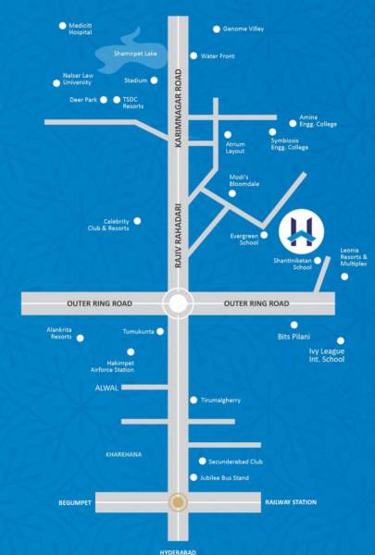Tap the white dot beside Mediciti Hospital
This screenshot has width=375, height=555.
click(62, 25)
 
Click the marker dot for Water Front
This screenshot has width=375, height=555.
click(194, 55)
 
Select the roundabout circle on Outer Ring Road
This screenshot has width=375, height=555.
click(177, 302)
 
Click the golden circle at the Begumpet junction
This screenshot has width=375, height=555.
click(177, 502)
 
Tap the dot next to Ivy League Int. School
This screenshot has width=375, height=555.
click(341, 340)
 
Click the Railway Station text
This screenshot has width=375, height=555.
click(290, 502)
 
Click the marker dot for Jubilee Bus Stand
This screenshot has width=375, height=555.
click(193, 477)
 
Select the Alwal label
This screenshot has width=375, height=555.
click(106, 388)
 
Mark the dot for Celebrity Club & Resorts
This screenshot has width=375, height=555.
click(137, 221)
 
